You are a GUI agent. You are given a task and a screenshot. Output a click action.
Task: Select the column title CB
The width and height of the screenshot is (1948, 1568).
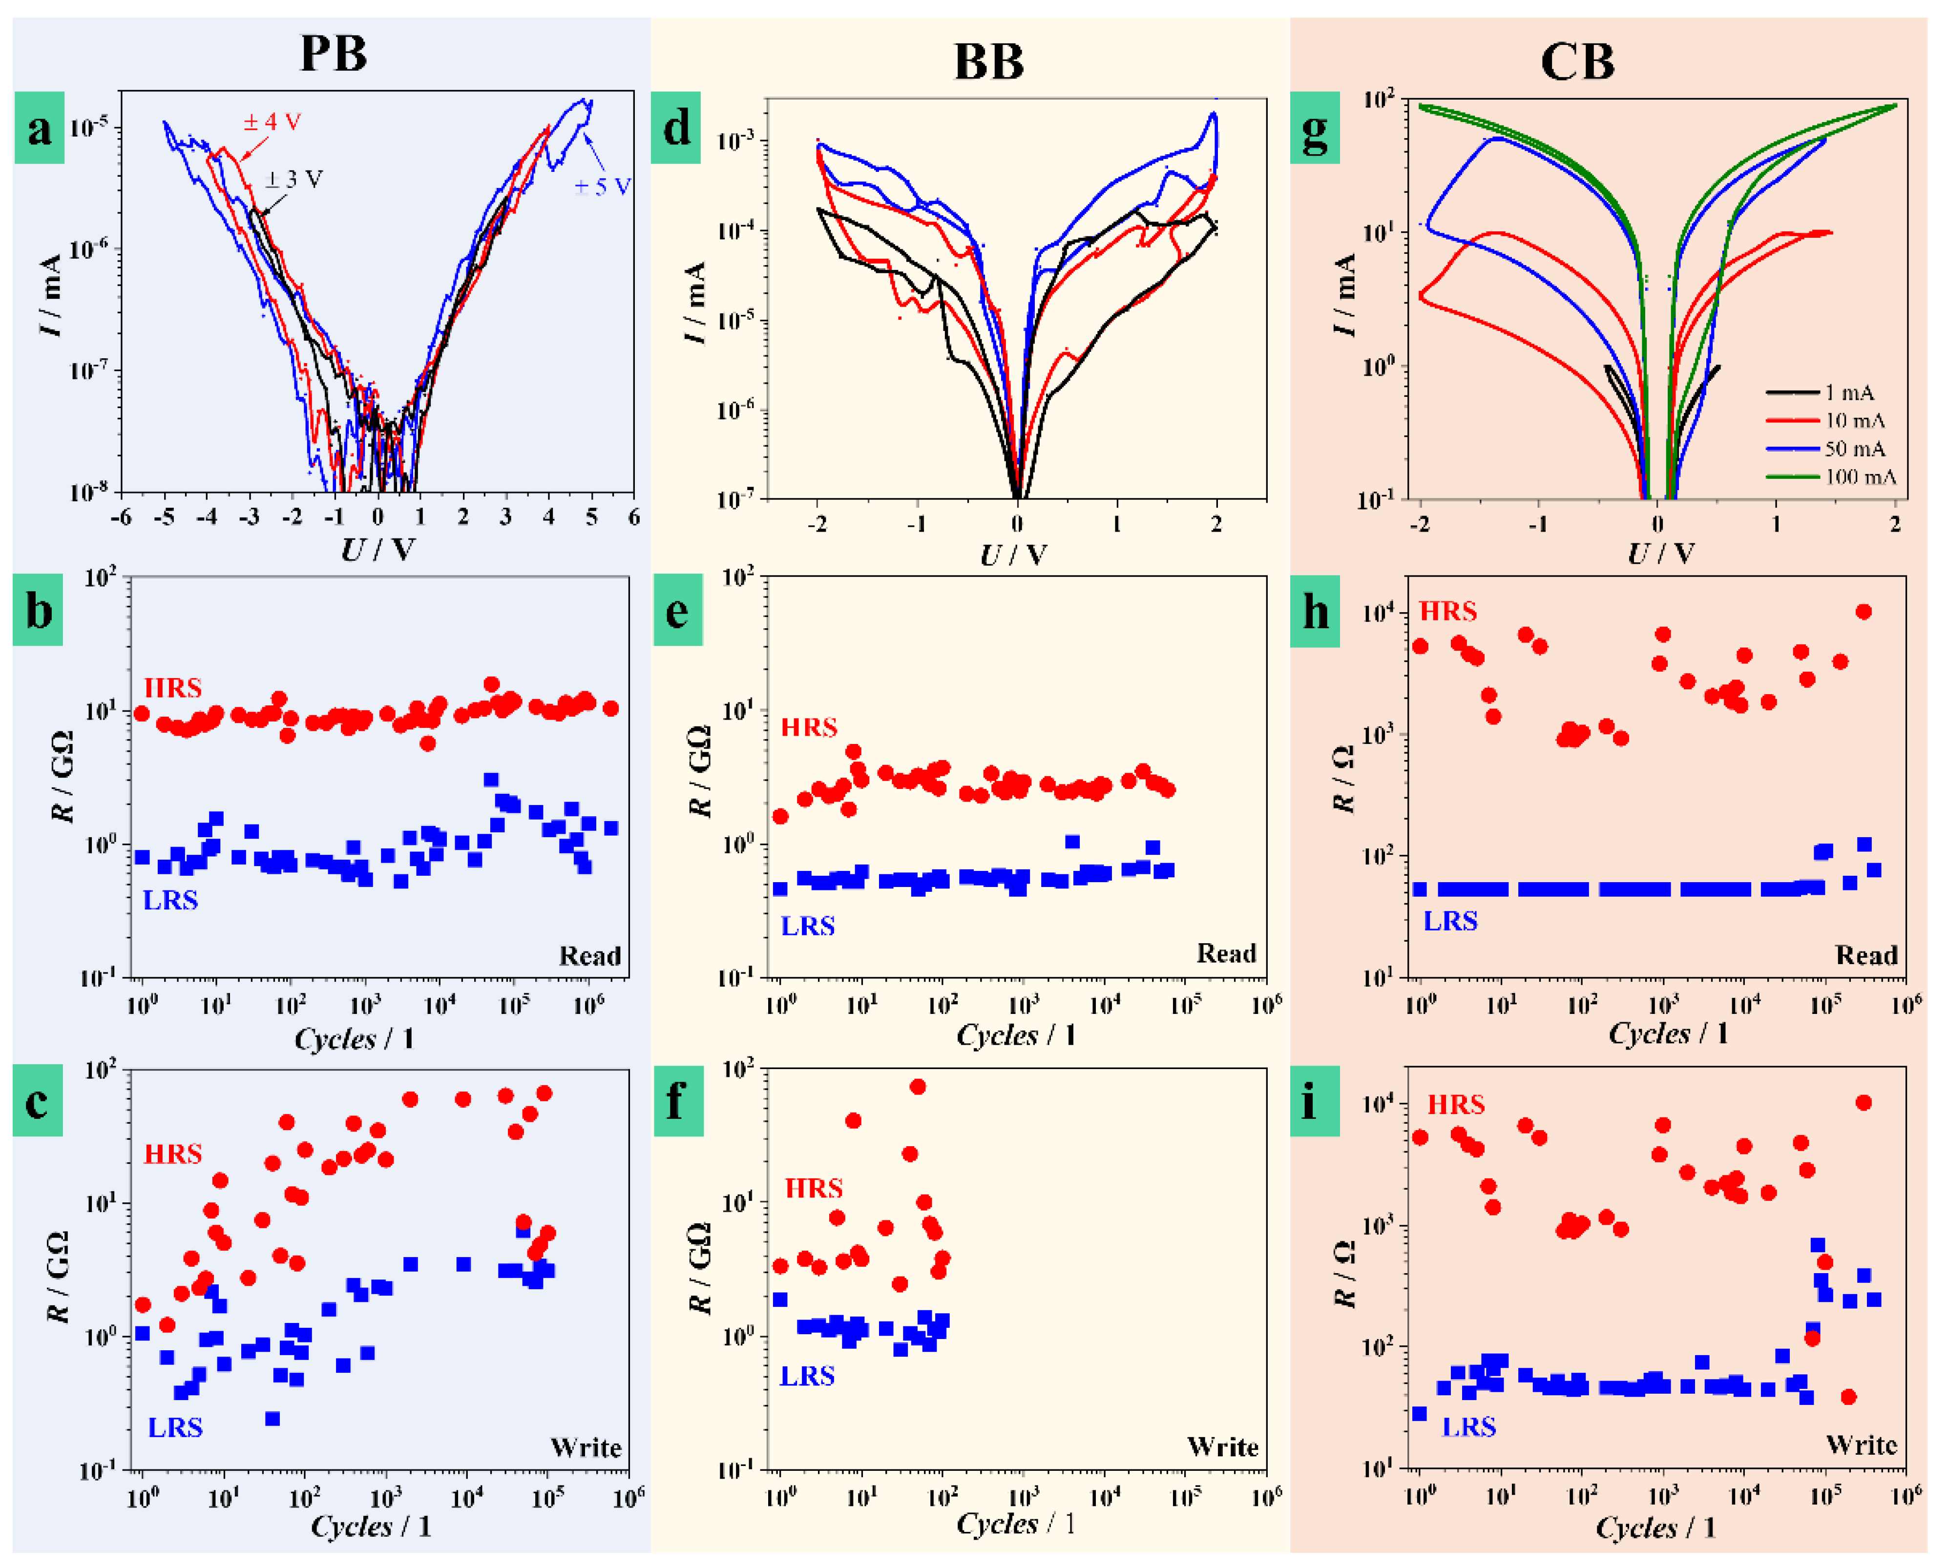click(x=1577, y=62)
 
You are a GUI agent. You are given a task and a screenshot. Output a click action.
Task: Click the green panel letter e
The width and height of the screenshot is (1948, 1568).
click(x=677, y=612)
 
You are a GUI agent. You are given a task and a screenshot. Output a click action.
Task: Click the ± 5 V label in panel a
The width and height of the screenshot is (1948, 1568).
click(x=602, y=187)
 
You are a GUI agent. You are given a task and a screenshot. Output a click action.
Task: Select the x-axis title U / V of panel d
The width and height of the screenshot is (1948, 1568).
click(x=1014, y=554)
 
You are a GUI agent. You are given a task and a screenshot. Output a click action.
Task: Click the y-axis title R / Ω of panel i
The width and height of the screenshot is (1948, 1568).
click(x=1343, y=1274)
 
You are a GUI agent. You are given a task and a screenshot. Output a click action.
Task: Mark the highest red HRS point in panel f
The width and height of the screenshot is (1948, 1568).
click(x=917, y=1087)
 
